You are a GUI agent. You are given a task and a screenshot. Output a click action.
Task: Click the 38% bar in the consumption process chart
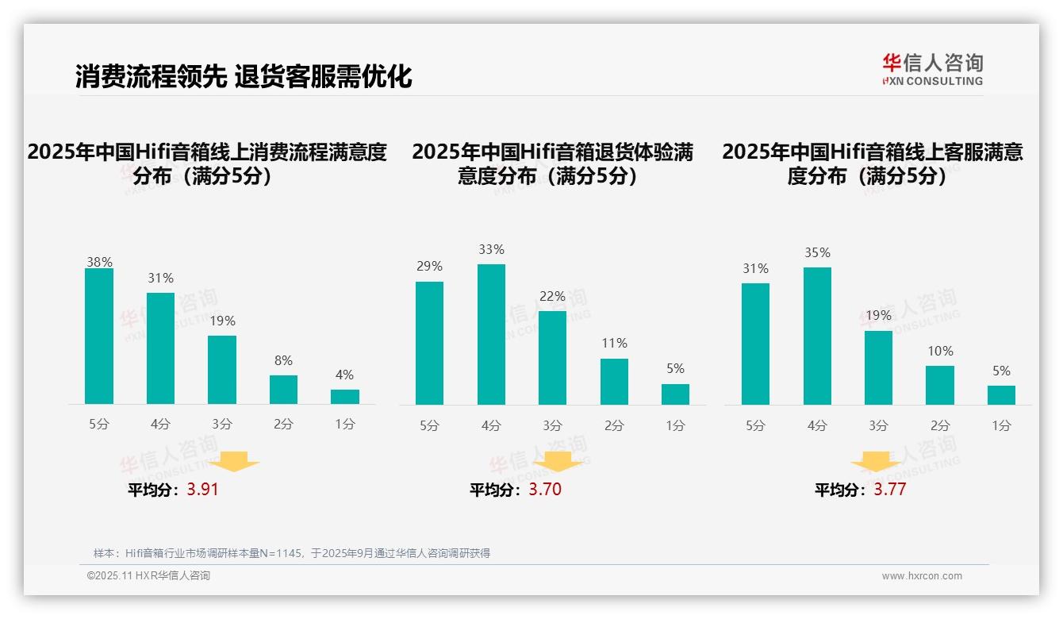[99, 336]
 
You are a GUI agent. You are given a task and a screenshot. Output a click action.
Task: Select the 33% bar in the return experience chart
[491, 334]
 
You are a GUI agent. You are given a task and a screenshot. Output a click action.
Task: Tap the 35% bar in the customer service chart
[817, 336]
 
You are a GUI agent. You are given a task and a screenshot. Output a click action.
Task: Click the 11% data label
[614, 343]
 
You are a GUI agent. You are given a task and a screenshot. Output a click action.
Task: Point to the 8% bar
[283, 390]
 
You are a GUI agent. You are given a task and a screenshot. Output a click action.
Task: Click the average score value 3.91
[202, 490]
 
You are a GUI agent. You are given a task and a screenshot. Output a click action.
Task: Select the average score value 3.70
[545, 490]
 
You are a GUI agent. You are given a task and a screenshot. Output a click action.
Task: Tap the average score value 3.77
[889, 490]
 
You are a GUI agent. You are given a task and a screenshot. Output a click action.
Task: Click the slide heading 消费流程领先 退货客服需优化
[244, 77]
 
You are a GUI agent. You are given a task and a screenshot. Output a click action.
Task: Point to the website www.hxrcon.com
[922, 576]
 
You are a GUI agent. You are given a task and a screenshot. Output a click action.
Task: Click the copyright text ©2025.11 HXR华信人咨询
[148, 576]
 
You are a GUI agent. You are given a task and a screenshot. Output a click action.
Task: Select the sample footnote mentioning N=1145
[292, 553]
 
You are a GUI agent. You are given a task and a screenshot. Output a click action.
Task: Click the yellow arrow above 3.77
[876, 462]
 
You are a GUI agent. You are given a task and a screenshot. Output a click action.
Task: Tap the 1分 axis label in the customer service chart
[1001, 425]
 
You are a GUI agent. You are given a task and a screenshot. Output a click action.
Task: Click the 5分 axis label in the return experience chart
[429, 425]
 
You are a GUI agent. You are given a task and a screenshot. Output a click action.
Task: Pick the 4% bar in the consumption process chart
[345, 397]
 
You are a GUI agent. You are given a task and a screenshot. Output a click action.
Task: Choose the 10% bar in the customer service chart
[940, 385]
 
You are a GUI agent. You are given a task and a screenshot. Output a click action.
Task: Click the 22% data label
[552, 296]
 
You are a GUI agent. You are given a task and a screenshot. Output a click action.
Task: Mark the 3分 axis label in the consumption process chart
[222, 425]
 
